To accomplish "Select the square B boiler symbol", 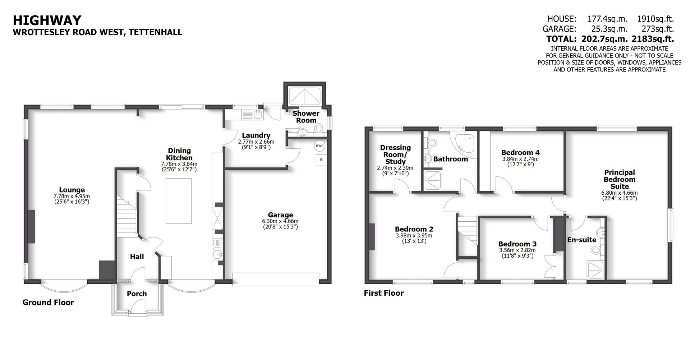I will pos(321,160).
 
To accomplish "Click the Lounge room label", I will pos(72,190).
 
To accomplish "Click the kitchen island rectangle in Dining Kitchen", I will pos(178,201).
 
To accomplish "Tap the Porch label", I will pos(137,294).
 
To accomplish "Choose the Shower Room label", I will pos(306,117).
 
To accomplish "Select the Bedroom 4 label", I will pos(520,152).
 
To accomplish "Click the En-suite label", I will pos(581,240).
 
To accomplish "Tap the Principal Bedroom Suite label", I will pos(619,179).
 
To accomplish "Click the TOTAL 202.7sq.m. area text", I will pos(610,39).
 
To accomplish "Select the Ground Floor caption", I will pos(48,303).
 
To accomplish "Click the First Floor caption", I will pos(383,293).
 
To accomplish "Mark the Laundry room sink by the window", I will pos(257,114).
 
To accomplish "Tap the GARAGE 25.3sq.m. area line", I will pos(608,29).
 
